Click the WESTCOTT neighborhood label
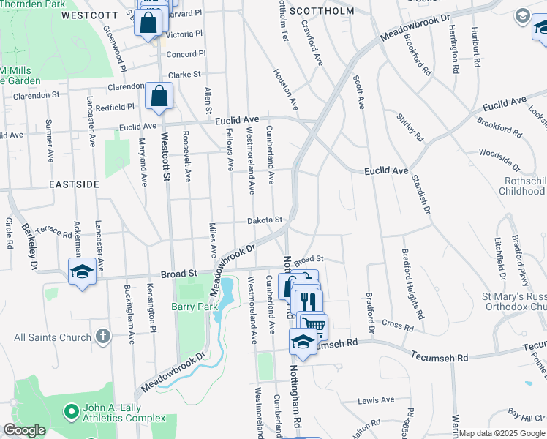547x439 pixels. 91,15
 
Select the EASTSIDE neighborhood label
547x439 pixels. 74,184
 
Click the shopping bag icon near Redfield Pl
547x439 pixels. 159,97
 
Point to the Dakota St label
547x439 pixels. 264,219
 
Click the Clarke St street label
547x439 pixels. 184,75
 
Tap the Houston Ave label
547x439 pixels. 286,90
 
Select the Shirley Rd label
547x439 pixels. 410,127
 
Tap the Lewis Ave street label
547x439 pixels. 376,400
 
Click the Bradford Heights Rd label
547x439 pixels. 413,284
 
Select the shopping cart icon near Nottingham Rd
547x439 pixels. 314,324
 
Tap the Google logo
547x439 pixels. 24,430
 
